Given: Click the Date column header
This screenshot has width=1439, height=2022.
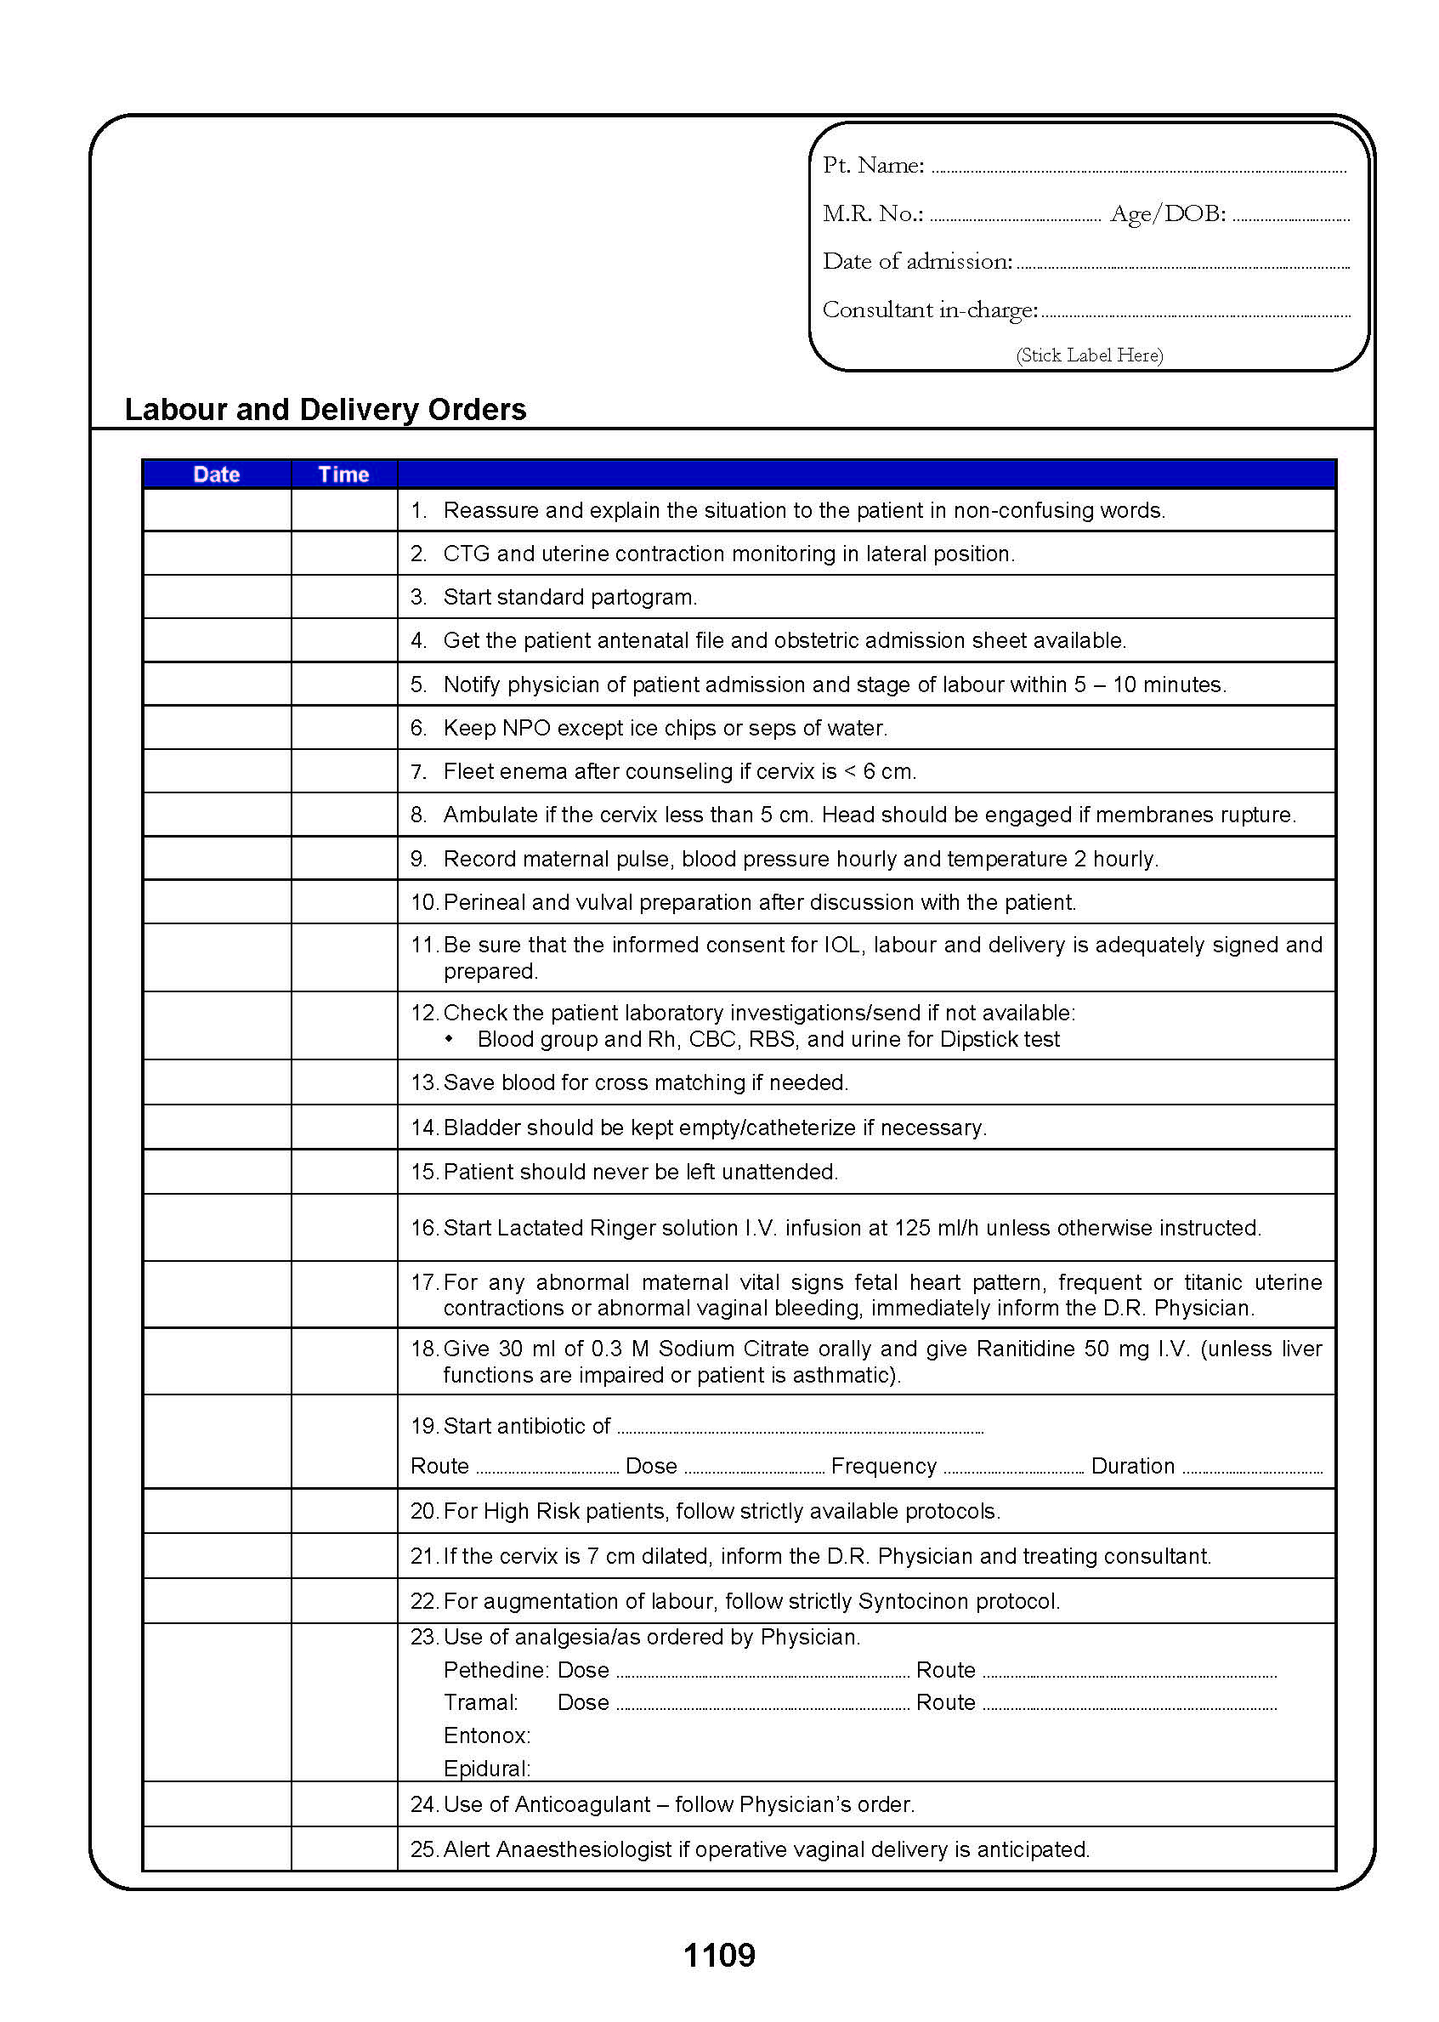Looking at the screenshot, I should point(216,474).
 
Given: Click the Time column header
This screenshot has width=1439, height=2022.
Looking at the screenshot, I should point(343,474).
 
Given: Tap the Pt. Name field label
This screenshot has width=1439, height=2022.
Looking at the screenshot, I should point(873,166).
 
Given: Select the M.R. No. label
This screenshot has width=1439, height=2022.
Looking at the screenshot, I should point(873,213).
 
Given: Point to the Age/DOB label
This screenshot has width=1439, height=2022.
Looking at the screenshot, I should point(1167,213).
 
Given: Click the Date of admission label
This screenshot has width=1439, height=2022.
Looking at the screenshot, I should point(917,262).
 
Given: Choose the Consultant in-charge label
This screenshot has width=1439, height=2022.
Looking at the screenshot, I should point(930,310).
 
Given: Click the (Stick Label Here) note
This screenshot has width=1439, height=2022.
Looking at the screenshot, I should point(1089,355).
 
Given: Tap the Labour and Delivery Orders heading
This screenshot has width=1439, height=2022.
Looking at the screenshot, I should point(326,410).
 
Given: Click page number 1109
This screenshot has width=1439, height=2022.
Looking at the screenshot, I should point(718,1955).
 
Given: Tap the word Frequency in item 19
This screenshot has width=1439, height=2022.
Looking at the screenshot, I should point(883,1466).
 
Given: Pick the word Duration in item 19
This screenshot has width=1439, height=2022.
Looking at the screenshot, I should point(1132,1466).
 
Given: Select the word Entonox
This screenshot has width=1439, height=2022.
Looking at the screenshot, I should point(486,1735).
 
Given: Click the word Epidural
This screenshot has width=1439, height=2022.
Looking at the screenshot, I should point(486,1769).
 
